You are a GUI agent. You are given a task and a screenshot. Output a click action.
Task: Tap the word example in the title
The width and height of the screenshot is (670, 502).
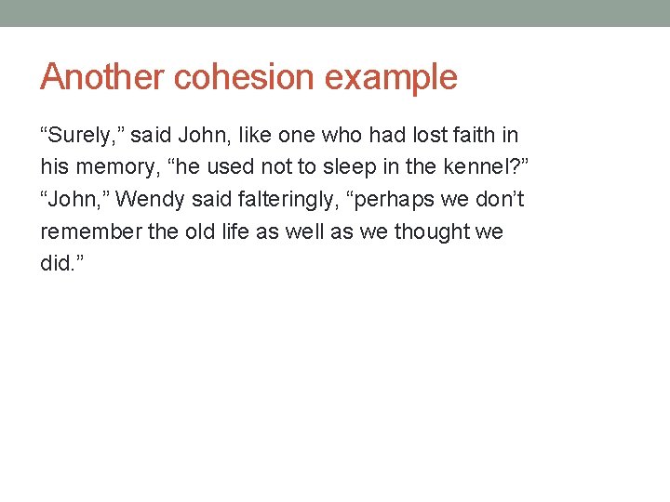[x=392, y=77]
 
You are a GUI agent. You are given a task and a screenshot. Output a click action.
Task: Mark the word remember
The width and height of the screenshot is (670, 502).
[x=90, y=231]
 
